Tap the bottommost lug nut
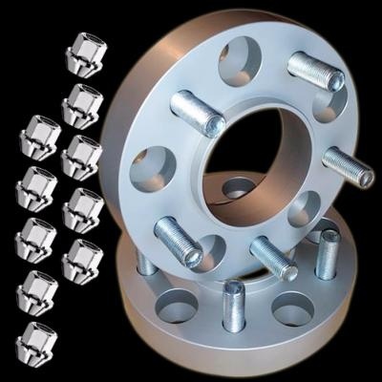(37, 338)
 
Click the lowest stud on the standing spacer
(272, 257)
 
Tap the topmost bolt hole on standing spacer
(244, 59)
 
